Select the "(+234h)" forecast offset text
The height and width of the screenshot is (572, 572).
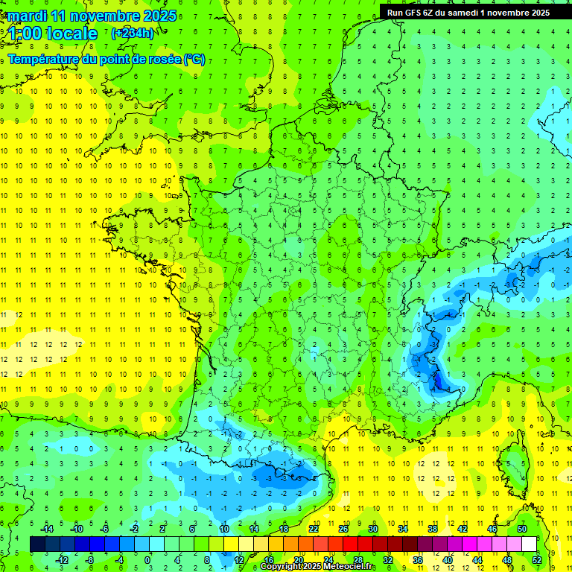pyautogui.click(x=133, y=33)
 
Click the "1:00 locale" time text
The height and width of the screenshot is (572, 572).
pyautogui.click(x=53, y=34)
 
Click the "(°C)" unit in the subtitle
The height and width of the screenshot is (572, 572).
pyautogui.click(x=194, y=60)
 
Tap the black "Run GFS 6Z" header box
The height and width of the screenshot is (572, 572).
pyautogui.click(x=469, y=12)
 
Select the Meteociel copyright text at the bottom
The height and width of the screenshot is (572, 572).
pyautogui.click(x=318, y=567)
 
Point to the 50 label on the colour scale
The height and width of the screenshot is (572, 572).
pyautogui.click(x=522, y=528)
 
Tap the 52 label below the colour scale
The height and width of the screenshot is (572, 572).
pyautogui.click(x=537, y=559)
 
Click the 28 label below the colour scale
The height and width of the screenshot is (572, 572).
pyautogui.click(x=357, y=559)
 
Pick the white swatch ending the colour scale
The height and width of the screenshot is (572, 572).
pyautogui.click(x=530, y=544)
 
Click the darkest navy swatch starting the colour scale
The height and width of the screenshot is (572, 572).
pyautogui.click(x=37, y=544)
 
